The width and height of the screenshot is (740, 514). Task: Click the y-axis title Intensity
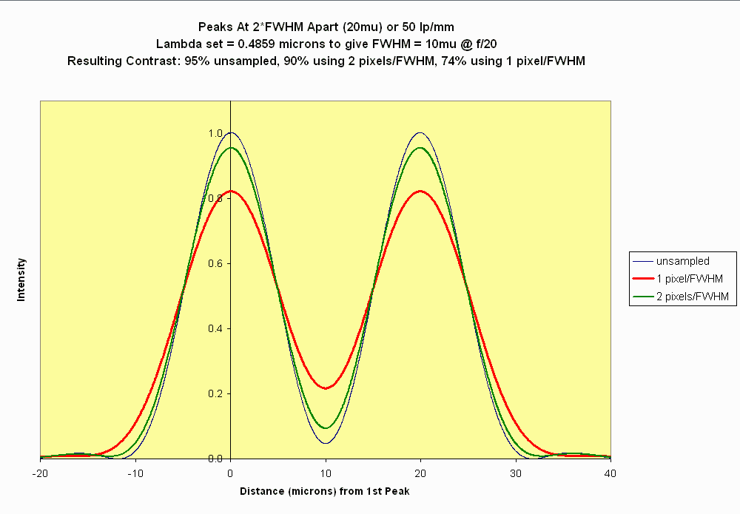(x=21, y=279)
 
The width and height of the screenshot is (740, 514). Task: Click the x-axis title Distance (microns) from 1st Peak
(x=326, y=491)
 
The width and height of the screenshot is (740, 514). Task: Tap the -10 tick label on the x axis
(x=135, y=471)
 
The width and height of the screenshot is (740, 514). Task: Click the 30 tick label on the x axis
(x=516, y=471)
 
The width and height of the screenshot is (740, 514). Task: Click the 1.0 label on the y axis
(x=215, y=134)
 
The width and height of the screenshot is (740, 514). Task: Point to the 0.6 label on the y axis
(x=215, y=264)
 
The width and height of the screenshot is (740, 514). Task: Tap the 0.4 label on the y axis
(x=215, y=329)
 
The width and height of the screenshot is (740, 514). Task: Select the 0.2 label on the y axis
(x=215, y=394)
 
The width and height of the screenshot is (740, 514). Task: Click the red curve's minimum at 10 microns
(x=326, y=388)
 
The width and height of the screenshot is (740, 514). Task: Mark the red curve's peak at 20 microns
(x=421, y=191)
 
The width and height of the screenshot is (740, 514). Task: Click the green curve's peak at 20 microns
(x=421, y=148)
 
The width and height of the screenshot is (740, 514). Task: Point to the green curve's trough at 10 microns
(x=326, y=428)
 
